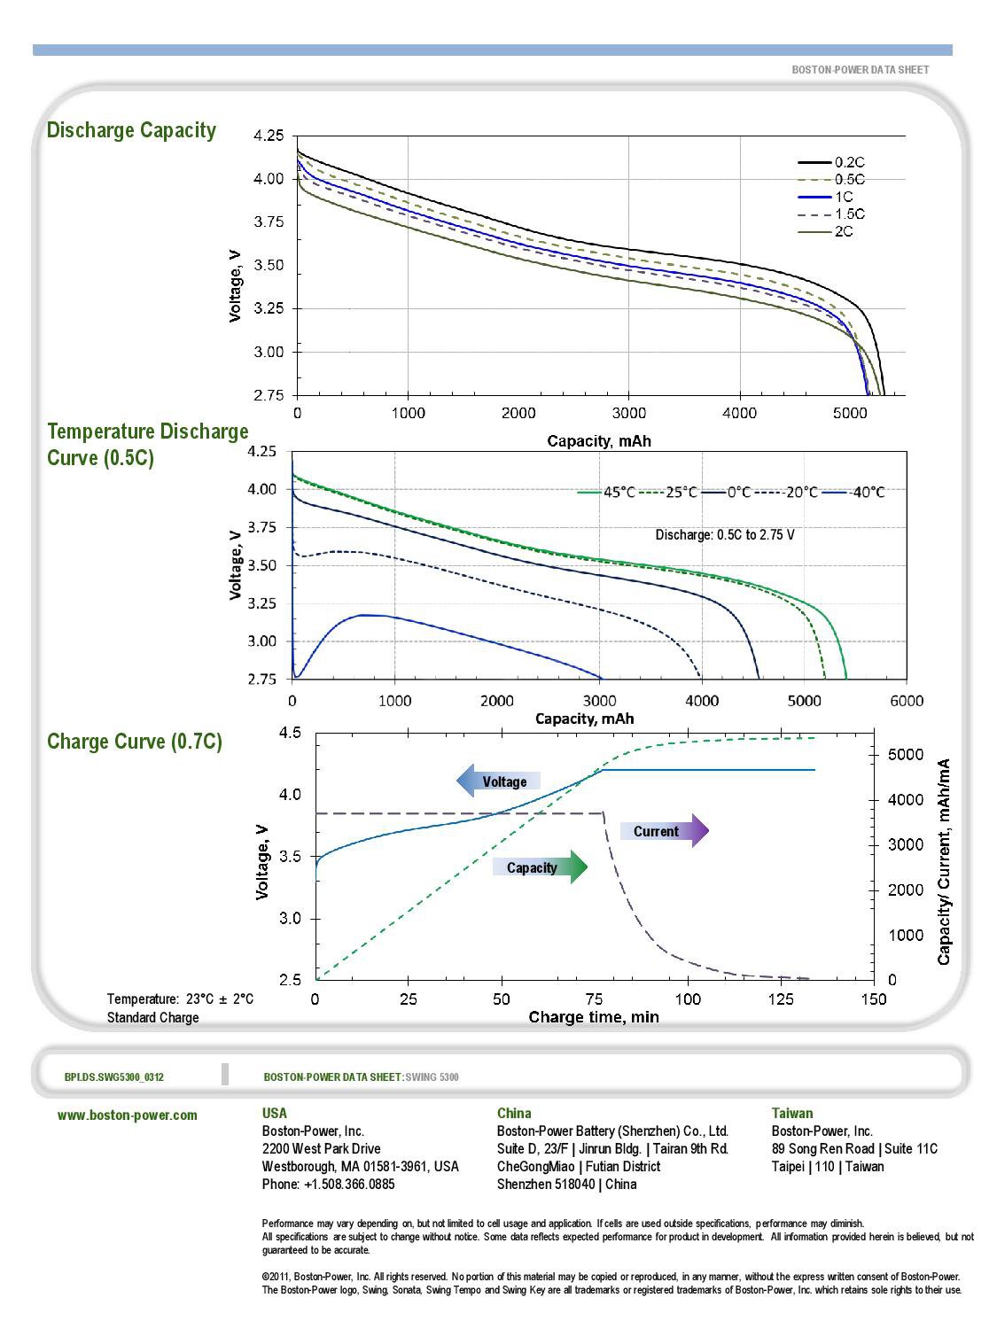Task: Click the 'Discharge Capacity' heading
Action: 131,130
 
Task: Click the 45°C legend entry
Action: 607,492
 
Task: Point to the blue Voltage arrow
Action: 497,781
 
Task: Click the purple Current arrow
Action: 664,831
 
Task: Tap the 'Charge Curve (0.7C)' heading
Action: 135,742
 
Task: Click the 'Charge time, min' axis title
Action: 594,1017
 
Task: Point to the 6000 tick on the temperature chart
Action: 906,701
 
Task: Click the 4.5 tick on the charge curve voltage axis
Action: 290,733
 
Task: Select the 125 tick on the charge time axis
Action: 781,999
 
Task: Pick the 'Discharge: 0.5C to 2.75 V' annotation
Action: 724,535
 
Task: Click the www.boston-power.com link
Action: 128,1115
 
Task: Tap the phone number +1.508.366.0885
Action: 328,1185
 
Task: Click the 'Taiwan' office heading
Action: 791,1114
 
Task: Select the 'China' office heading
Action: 514,1114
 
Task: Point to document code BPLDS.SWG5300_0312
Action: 114,1077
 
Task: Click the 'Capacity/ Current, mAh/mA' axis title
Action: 945,861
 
